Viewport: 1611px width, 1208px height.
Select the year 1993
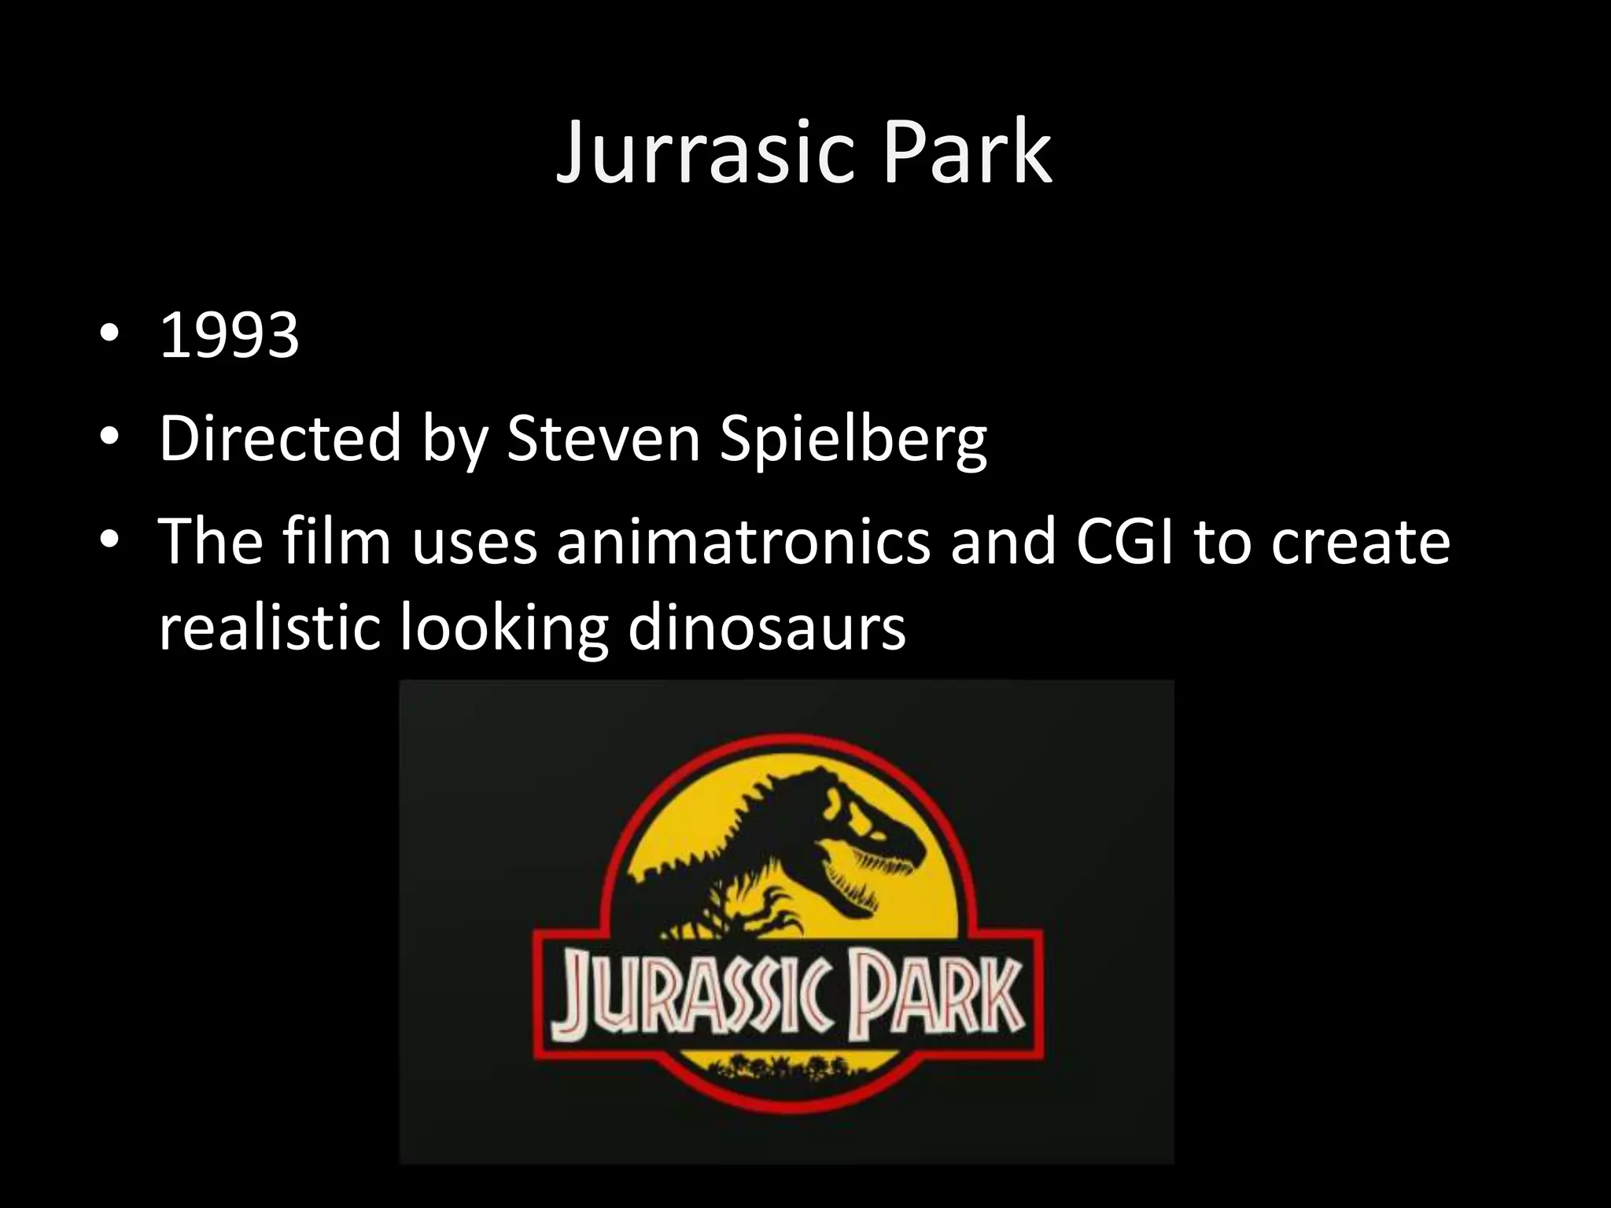229,336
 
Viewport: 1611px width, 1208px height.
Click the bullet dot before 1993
109,334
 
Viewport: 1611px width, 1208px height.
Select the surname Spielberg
853,440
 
